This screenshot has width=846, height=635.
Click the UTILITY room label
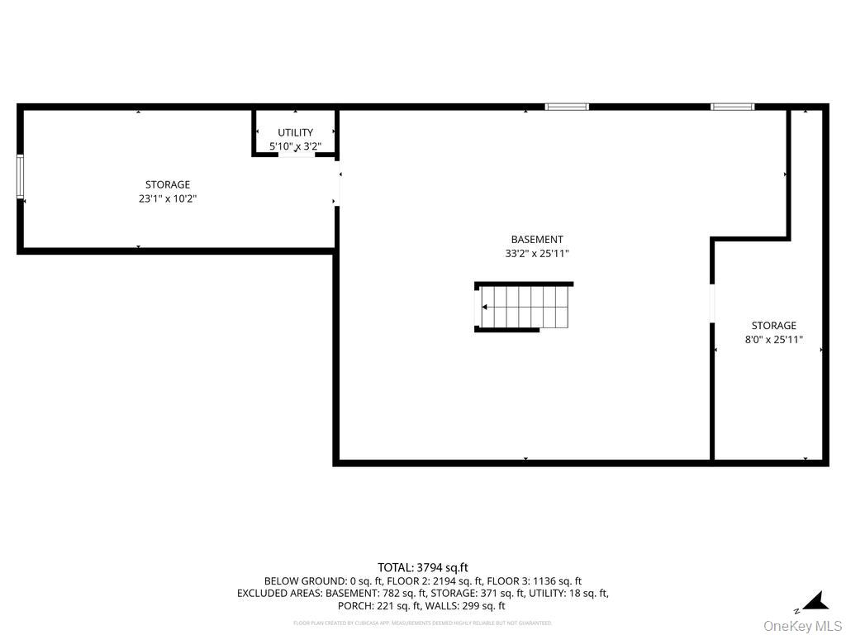point(295,132)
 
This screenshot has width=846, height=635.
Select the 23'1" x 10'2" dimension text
point(168,198)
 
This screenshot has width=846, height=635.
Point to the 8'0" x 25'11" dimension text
point(774,339)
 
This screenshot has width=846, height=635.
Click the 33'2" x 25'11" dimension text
point(537,254)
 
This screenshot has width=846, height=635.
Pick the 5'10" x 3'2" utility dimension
point(295,146)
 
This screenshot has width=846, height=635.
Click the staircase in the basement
point(525,307)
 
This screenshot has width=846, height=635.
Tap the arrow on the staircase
point(485,307)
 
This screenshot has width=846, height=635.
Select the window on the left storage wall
point(21,176)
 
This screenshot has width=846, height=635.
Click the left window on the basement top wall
point(567,107)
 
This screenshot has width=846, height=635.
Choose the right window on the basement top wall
point(733,107)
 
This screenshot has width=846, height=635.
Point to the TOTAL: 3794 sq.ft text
point(423,567)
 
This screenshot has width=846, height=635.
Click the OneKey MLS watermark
point(802,625)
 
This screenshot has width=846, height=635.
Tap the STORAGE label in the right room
point(774,326)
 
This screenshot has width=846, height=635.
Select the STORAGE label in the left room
point(168,184)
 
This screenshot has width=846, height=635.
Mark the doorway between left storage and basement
point(337,188)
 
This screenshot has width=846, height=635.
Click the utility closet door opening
point(297,155)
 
